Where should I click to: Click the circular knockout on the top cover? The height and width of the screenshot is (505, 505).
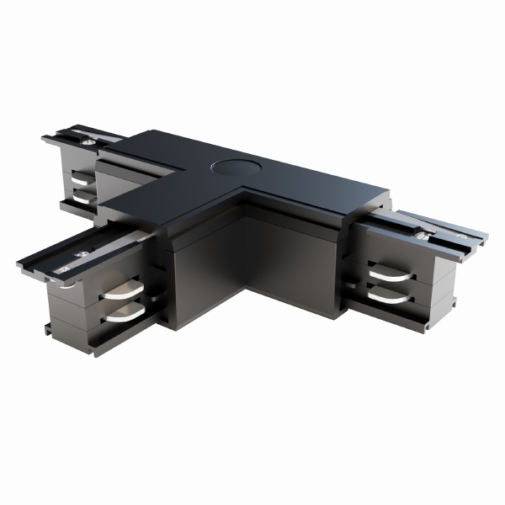228,166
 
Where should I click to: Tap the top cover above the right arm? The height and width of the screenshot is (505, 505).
337,189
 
